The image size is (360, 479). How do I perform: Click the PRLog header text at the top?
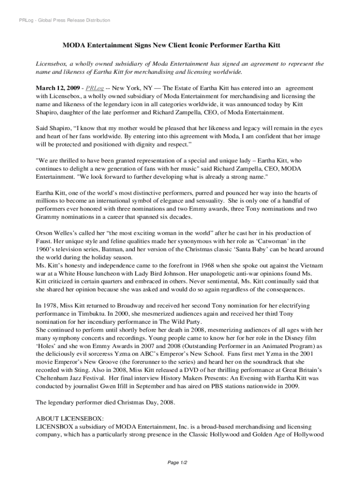tap(62, 20)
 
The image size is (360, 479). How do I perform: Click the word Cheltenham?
tap(55, 378)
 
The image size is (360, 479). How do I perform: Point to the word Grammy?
tap(47, 217)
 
